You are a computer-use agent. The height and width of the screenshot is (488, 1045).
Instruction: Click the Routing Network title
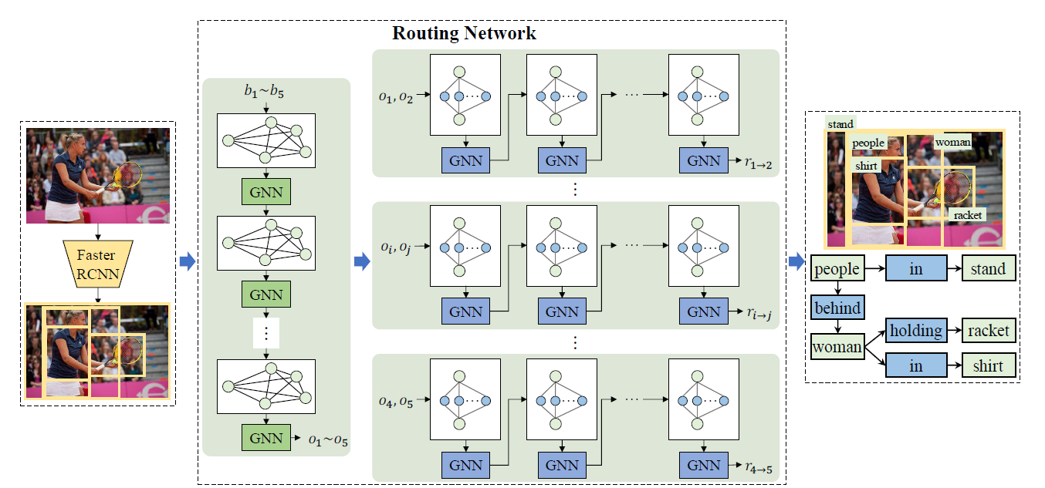tap(464, 33)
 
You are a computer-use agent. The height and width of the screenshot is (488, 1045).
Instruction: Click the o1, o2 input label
tap(396, 96)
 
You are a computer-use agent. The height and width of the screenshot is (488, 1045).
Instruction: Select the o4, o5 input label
tap(396, 400)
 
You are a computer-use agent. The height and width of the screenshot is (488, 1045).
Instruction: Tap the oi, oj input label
tap(396, 247)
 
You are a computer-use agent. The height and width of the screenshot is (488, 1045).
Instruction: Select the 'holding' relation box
tap(915, 331)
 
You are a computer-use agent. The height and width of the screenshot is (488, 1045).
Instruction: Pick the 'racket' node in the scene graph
tap(988, 331)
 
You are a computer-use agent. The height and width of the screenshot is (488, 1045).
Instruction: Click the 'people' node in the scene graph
tap(837, 269)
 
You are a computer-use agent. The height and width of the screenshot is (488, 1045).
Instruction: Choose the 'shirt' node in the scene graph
tap(988, 365)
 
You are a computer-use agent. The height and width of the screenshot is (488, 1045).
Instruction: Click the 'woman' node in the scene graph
tap(837, 347)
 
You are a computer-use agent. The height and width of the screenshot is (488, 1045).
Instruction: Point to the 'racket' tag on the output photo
tap(967, 215)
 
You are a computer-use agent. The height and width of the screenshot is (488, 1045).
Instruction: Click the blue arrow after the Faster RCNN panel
tap(186, 262)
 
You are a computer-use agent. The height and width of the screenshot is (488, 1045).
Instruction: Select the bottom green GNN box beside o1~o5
tap(265, 438)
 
